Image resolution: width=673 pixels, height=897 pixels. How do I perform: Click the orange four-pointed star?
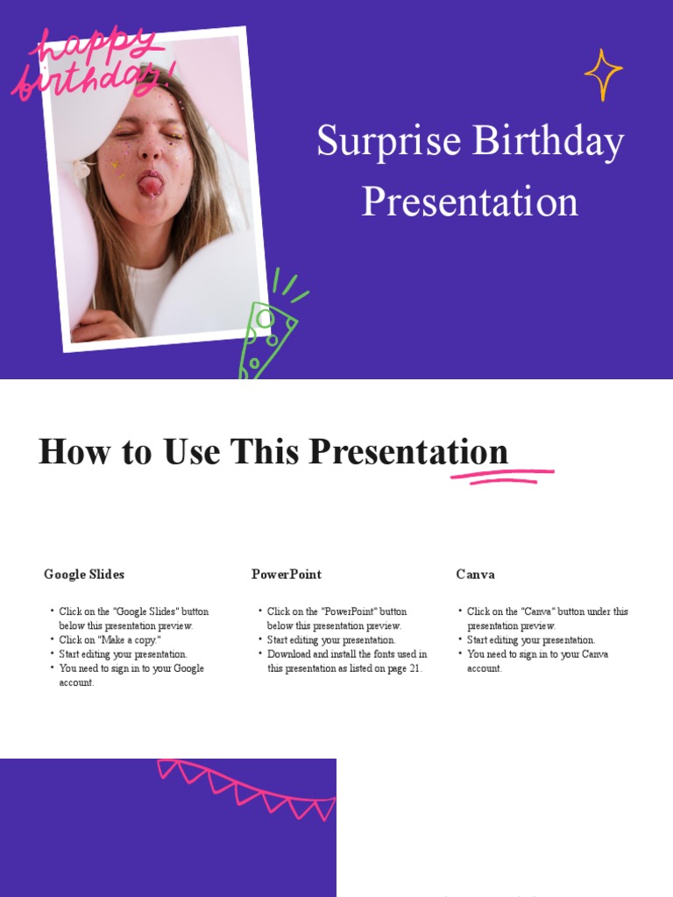coord(603,74)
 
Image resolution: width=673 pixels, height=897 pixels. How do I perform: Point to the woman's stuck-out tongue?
coord(151,185)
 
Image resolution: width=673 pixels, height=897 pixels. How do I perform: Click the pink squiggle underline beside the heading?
coord(502,476)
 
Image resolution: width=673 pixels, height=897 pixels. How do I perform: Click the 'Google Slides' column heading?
coord(84,575)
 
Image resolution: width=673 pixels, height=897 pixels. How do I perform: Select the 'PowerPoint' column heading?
coord(287,575)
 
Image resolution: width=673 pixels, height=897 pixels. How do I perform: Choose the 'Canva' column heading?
coord(475,575)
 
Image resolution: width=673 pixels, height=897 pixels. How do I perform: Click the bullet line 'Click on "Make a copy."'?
coord(110,640)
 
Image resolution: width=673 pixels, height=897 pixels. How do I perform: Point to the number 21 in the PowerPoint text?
coord(415,668)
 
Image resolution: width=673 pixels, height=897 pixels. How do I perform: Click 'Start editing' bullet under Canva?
coord(530,640)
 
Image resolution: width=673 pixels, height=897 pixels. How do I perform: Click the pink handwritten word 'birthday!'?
coord(88,79)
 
